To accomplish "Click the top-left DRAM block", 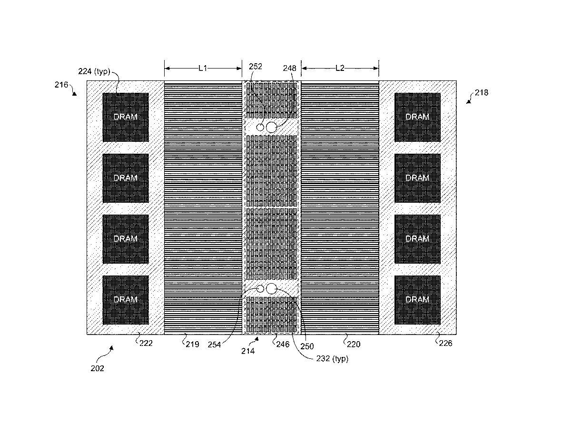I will coord(126,117).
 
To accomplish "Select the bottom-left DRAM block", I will coord(126,300).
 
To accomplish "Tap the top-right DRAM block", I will coord(417,117).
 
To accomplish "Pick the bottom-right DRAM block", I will coord(417,300).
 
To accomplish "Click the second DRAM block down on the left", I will coord(126,178).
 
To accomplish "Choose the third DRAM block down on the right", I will coord(417,239).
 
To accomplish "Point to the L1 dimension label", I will coord(203,68).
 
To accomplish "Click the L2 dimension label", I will coord(340,68).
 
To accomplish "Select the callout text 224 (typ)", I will coord(94,72).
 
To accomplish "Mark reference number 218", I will coord(481,93).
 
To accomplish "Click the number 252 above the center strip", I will coord(255,67).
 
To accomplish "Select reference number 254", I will coord(214,345).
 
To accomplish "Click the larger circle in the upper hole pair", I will coord(271,127).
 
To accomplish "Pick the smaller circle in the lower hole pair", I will coord(260,289).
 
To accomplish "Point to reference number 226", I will coord(445,343).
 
